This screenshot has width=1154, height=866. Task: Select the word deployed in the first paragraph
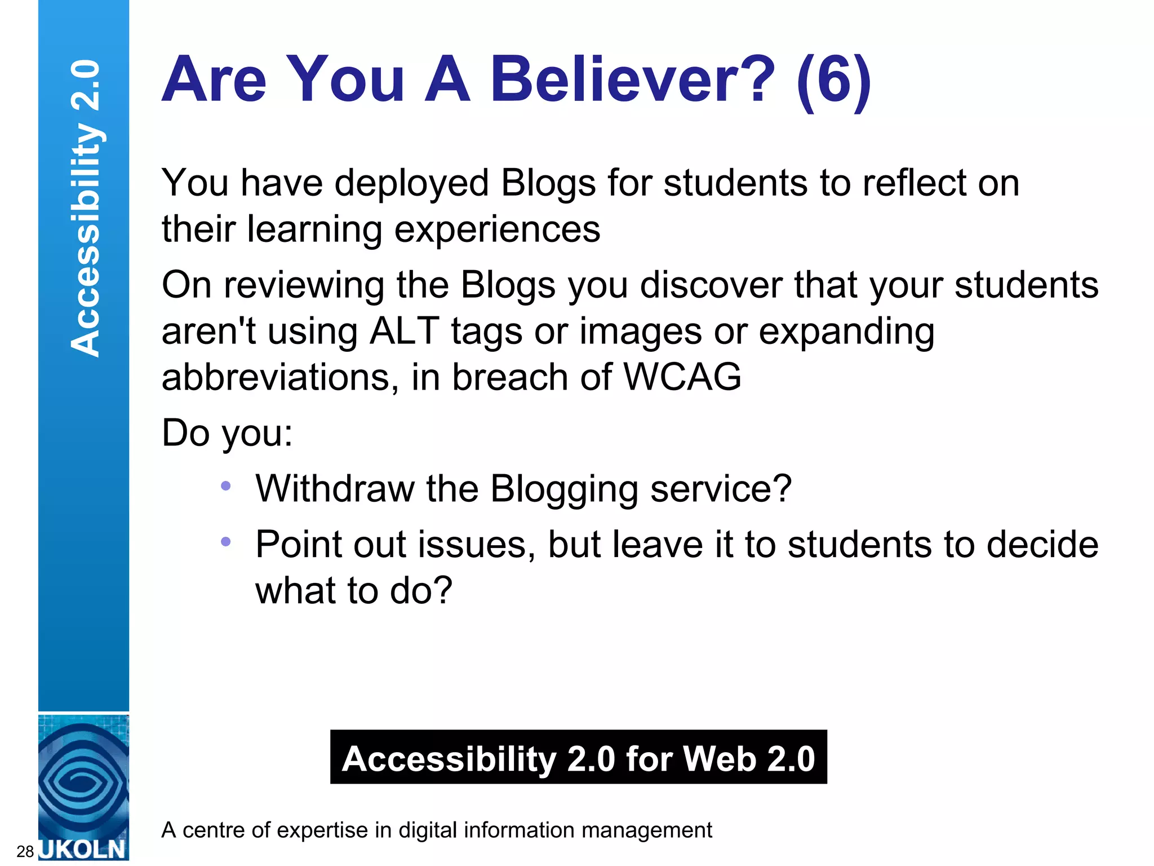pyautogui.click(x=411, y=184)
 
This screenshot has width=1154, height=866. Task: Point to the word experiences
pyautogui.click(x=497, y=230)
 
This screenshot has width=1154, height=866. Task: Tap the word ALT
pyautogui.click(x=404, y=331)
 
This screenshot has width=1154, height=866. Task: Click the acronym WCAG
pyautogui.click(x=682, y=377)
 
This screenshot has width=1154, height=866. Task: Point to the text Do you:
pyautogui.click(x=227, y=433)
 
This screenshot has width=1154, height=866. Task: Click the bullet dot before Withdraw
pyautogui.click(x=226, y=486)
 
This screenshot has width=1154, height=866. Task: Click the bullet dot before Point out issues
pyautogui.click(x=226, y=542)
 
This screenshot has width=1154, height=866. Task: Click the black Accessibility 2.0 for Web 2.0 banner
pyautogui.click(x=578, y=757)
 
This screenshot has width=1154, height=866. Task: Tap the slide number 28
pyautogui.click(x=25, y=851)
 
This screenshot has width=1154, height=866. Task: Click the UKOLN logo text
pyautogui.click(x=83, y=849)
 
